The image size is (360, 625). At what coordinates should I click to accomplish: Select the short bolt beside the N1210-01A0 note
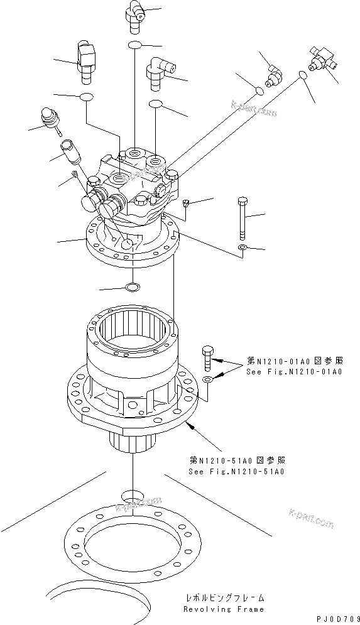click(209, 358)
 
